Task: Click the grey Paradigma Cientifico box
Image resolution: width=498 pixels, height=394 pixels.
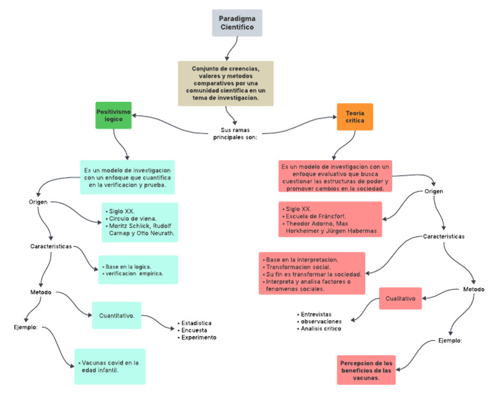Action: [x=237, y=23]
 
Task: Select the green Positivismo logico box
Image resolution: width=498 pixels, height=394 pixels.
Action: [x=114, y=115]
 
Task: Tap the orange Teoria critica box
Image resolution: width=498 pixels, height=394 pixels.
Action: [x=355, y=117]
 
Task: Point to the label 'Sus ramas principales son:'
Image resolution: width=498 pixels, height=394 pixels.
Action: [x=235, y=133]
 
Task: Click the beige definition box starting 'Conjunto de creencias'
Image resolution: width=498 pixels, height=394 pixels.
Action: [x=226, y=83]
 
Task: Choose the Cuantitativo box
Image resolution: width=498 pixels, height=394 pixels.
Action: [x=117, y=316]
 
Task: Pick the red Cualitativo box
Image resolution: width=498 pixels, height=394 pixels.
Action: [x=400, y=299]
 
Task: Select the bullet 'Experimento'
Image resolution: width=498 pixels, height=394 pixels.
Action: [x=198, y=337]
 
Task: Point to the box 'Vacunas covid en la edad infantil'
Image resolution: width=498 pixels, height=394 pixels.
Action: [x=110, y=367]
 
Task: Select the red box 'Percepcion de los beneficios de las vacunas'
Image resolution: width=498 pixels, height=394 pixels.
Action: [x=367, y=370]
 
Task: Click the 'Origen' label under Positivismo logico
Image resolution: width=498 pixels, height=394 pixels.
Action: [x=39, y=202]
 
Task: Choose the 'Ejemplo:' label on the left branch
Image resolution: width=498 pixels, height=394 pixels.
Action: [x=25, y=327]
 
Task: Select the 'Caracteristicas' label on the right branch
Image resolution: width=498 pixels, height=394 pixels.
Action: [x=444, y=236]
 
